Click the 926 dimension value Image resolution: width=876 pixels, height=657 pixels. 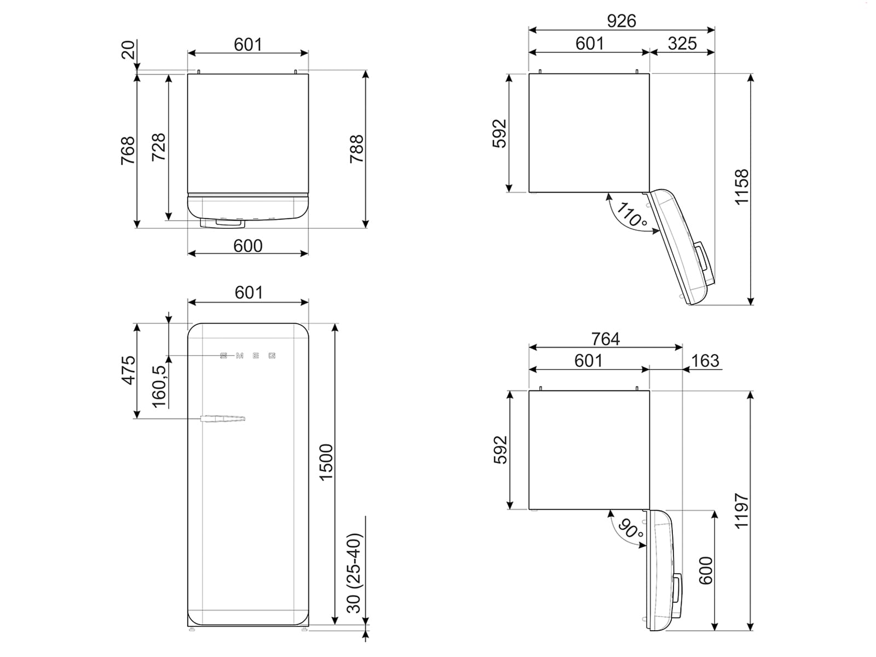[621, 21]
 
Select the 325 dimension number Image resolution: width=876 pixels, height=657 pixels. [682, 43]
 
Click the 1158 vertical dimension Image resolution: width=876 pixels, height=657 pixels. [741, 187]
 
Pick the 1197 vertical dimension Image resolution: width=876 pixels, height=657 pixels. [741, 510]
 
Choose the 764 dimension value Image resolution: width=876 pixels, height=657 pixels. [605, 339]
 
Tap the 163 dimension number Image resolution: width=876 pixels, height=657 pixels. [705, 361]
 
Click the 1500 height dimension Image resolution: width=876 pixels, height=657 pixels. [326, 463]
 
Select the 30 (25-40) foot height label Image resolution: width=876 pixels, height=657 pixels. [355, 573]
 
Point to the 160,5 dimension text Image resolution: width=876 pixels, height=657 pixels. [159, 386]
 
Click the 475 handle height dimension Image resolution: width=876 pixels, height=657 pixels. [128, 370]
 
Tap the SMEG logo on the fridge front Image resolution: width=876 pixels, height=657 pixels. [247, 356]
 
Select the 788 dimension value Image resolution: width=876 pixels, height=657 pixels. [356, 148]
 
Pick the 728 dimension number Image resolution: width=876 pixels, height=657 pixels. [158, 147]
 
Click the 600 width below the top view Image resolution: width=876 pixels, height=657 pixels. [247, 246]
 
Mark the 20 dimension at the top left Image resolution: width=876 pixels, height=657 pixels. [128, 50]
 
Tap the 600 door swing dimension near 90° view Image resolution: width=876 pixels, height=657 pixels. [706, 570]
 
